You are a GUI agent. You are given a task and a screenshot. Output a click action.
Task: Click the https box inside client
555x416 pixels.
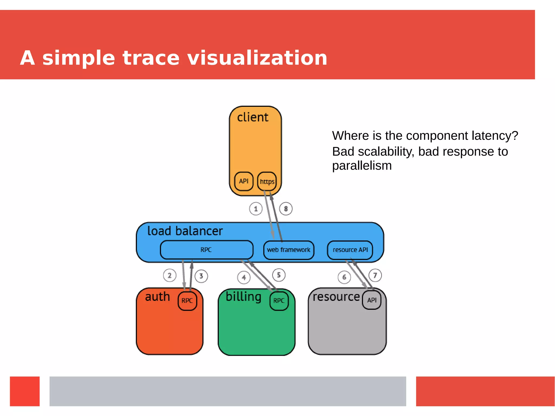tap(267, 181)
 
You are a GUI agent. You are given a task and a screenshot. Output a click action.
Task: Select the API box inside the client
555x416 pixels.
tap(244, 181)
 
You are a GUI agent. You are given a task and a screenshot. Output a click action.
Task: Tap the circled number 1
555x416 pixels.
tap(256, 209)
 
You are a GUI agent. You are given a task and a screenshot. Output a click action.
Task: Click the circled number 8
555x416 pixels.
tap(286, 209)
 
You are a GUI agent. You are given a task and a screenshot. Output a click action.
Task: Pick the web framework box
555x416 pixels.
tap(289, 250)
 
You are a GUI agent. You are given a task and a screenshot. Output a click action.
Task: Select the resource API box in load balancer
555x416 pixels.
tap(350, 250)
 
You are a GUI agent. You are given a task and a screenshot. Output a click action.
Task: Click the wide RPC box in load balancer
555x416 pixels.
tap(206, 250)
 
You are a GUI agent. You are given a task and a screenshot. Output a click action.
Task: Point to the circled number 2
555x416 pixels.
tap(170, 275)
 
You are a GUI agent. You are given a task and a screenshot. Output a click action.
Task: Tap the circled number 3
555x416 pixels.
tap(201, 276)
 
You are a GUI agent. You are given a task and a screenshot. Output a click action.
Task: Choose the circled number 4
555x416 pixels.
tap(244, 278)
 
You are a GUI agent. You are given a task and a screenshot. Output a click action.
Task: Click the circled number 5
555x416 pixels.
tap(279, 275)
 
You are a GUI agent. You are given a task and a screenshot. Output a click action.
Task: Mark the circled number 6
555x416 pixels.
tap(344, 277)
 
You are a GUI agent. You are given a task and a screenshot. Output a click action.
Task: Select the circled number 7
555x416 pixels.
tap(375, 275)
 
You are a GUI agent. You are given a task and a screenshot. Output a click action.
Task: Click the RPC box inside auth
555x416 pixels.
tap(187, 301)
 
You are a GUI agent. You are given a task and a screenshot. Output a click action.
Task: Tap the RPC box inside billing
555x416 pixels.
tap(279, 301)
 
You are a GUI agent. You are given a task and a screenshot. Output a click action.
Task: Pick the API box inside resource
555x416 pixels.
tap(372, 300)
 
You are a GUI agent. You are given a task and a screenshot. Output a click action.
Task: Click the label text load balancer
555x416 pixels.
tap(185, 231)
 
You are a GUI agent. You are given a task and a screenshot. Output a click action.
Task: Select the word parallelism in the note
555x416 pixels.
tap(362, 166)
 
